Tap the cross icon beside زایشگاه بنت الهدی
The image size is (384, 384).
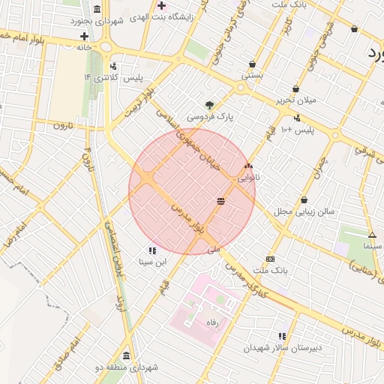161,6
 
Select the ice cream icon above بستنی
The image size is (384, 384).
252,64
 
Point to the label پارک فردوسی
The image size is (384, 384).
210,117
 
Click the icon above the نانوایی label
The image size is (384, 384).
249,166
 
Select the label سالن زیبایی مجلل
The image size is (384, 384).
281,211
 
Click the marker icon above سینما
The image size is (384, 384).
372,235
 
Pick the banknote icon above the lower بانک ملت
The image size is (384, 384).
270,259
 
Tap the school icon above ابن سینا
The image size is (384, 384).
151,250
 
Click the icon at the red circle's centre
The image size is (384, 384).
221,201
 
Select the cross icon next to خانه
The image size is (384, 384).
85,36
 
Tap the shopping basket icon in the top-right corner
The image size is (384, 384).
354,29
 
